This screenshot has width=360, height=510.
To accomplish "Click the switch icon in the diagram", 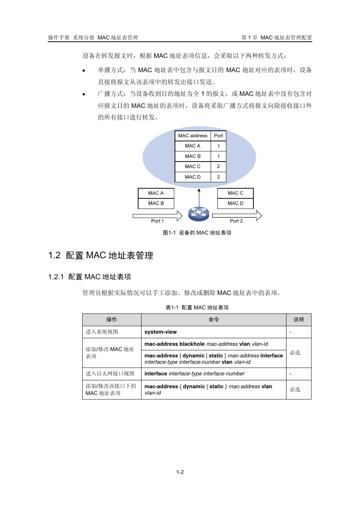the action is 199,214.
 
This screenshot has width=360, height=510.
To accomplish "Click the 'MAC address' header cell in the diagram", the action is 193,136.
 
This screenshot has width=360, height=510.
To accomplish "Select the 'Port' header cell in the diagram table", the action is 218,136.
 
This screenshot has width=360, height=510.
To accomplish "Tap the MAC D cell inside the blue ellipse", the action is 193,177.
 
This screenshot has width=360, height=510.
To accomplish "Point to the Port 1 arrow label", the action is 157,221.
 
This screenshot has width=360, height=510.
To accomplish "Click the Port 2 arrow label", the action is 236,221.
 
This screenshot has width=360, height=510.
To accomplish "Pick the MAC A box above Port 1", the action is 156,193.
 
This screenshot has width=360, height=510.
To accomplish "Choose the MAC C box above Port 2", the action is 235,193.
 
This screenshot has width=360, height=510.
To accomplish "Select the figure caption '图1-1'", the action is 169,233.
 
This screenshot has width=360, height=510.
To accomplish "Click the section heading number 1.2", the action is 55,256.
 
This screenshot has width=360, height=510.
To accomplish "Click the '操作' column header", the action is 111,320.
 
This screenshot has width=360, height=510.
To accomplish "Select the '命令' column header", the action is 213,320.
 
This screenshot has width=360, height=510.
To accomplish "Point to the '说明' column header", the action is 299,320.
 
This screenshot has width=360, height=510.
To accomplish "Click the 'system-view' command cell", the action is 161,332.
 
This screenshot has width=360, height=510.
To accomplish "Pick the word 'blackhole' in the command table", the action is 192,344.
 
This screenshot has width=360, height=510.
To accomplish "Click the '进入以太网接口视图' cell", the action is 110,374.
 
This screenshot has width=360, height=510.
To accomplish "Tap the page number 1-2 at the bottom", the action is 180,472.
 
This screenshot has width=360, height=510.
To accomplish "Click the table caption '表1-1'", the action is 172,308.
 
